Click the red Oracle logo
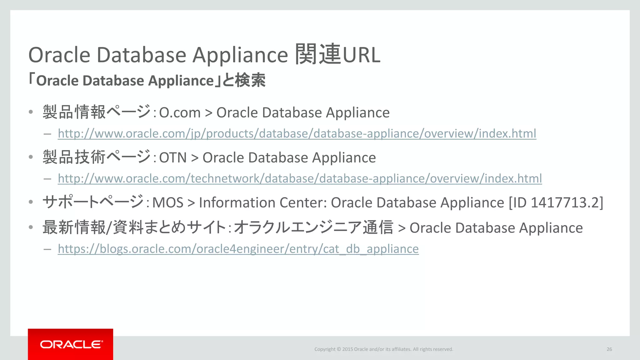coord(71,344)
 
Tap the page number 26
coord(609,349)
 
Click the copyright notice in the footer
coord(383,349)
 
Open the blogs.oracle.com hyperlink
coord(238,249)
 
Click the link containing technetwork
coord(300,178)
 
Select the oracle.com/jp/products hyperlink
coord(297,133)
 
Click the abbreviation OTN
coord(173,157)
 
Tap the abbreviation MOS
coord(167,202)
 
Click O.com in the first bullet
coord(180,112)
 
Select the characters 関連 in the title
coord(318,54)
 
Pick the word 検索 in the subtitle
coord(250,80)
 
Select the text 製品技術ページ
coord(97,157)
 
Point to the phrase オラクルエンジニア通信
coord(313,227)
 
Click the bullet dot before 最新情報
coord(31,227)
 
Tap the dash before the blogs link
coord(47,249)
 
